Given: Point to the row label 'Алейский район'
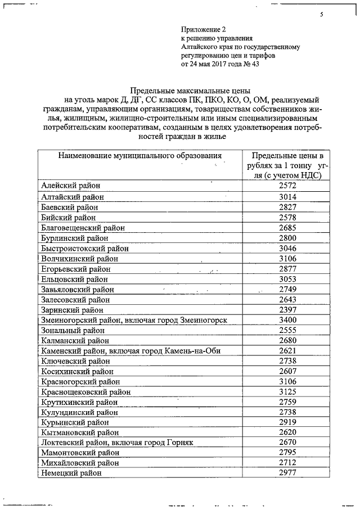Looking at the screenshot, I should click(70, 186).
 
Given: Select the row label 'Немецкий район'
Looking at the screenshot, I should click(71, 474).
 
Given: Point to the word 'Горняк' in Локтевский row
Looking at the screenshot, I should click(180, 443).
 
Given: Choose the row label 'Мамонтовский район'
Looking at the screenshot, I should click(80, 453).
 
